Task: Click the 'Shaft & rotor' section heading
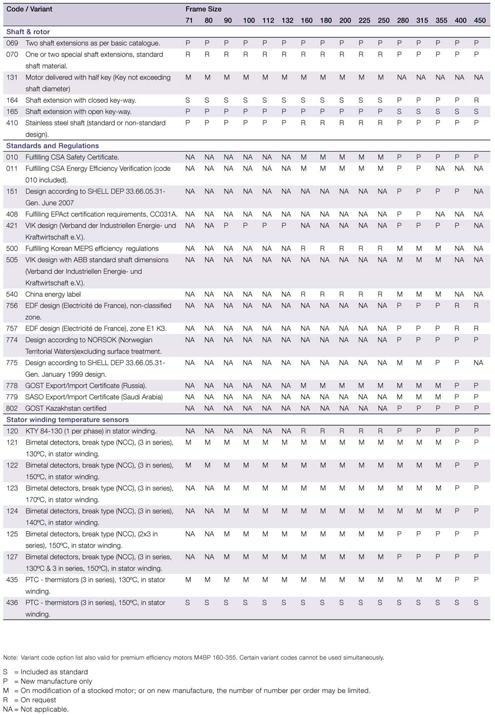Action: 28,32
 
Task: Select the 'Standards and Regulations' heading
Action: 52,146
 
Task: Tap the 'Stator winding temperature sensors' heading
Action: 67,419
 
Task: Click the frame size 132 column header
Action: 287,20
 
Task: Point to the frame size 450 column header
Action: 480,20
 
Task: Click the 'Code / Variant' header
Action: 29,9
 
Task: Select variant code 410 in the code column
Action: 12,123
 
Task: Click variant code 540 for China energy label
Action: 12,294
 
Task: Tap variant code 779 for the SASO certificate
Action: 12,397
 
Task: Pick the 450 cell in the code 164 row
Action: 476,100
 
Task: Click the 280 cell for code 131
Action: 401,77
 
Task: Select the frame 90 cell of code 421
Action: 226,225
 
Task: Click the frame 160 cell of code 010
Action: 303,157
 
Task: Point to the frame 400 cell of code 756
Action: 457,306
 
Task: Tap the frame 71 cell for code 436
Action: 188,603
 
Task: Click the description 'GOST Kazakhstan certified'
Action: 66,408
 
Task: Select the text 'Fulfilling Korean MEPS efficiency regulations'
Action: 92,249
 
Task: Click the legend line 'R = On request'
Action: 30,700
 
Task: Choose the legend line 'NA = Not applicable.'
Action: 36,709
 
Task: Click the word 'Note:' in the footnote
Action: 10,658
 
